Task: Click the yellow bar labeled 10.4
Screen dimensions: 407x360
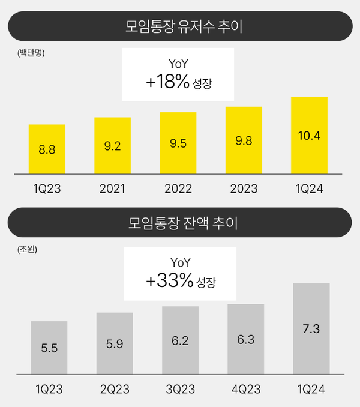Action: tap(309, 136)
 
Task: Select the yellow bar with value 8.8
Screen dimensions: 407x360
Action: tap(47, 149)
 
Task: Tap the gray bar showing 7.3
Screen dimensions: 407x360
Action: tap(311, 328)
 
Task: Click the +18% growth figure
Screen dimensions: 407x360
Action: tap(168, 82)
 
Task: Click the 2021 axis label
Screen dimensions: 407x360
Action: tap(112, 190)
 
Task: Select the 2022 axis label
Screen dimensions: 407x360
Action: tap(178, 190)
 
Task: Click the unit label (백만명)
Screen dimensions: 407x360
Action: tap(31, 53)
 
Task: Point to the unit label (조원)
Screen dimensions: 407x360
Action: tap(28, 249)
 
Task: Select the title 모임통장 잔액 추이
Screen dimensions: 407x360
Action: tap(179, 223)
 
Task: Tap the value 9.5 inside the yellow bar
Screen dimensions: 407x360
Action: tap(178, 144)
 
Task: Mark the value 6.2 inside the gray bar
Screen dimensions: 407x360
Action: tap(180, 341)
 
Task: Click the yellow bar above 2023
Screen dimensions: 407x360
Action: tap(244, 140)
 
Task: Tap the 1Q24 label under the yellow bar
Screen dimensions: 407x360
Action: tap(310, 190)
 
